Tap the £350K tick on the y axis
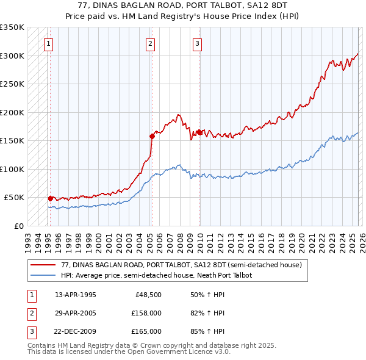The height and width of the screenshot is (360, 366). click(x=12, y=27)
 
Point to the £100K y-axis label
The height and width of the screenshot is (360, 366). click(x=12, y=169)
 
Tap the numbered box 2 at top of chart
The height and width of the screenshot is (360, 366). click(x=150, y=43)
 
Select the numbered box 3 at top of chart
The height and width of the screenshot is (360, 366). click(x=198, y=43)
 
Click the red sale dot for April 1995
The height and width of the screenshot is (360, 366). click(x=50, y=198)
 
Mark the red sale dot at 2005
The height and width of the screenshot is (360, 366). click(x=152, y=136)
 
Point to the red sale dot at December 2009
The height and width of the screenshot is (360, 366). click(x=199, y=132)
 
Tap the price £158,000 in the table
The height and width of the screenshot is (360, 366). click(x=147, y=313)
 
